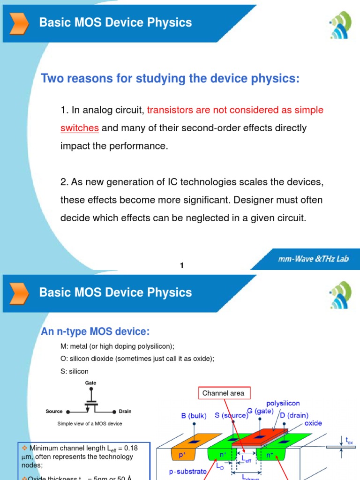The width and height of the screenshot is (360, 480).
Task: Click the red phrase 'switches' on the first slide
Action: point(79,128)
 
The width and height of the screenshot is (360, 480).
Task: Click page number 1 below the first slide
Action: point(182,266)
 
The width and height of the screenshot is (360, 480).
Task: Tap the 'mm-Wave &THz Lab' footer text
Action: point(312,259)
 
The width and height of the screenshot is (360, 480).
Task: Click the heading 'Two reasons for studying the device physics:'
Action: point(170,78)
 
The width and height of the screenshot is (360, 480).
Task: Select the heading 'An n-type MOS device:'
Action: point(95,332)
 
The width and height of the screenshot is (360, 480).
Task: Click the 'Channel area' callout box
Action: point(223,393)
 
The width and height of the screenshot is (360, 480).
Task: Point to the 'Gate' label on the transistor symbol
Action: point(90,383)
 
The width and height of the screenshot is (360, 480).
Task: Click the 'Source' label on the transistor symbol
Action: point(54,412)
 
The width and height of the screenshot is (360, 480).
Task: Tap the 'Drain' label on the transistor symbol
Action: point(125,412)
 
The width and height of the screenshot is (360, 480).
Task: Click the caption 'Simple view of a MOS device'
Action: point(90,424)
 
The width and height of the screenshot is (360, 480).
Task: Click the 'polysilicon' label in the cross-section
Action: point(283,403)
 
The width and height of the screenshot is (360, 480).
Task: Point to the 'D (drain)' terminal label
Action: point(295,415)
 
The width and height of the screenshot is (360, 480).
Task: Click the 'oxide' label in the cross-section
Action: point(313,423)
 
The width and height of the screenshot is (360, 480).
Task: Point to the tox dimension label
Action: point(349,441)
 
